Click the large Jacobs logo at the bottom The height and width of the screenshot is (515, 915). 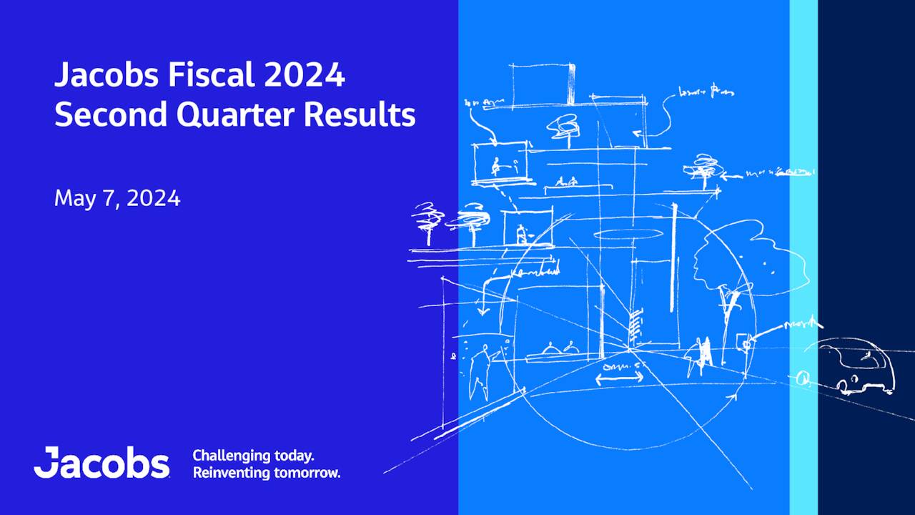tap(102, 463)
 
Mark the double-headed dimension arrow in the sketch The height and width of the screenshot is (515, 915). tap(620, 378)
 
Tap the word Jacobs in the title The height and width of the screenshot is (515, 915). tap(99, 76)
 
